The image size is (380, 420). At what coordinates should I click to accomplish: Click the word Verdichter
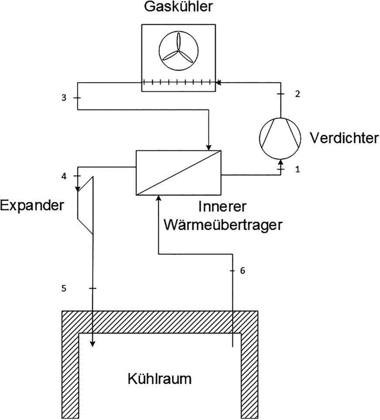pos(344,138)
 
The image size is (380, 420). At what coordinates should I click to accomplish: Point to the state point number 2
pos(297,94)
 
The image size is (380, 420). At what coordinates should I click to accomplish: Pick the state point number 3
pos(64,98)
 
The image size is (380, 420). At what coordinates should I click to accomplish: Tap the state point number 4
pos(64,177)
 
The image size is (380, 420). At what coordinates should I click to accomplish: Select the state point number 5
pos(64,288)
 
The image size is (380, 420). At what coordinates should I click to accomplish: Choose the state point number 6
pos(243,270)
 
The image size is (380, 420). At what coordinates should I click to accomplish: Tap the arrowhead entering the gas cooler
pos(218,81)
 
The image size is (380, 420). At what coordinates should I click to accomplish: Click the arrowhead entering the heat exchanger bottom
pos(158,198)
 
